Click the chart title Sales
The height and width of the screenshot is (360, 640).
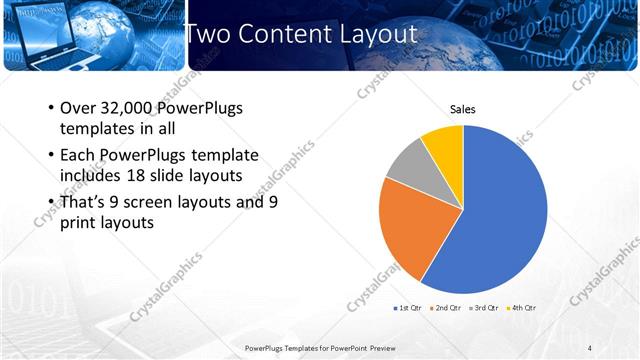click(462, 110)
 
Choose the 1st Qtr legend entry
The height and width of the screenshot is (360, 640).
click(410, 307)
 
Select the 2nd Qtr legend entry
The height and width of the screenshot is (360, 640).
click(448, 307)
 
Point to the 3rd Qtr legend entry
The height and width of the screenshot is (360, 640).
click(486, 307)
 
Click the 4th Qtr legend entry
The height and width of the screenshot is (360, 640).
click(523, 307)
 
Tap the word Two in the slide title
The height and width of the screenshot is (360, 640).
click(208, 34)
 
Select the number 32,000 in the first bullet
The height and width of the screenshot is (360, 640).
click(131, 108)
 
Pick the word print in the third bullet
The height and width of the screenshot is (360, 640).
click(81, 223)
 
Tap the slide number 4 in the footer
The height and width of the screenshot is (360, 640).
click(590, 347)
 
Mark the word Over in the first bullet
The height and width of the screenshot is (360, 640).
click(77, 108)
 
